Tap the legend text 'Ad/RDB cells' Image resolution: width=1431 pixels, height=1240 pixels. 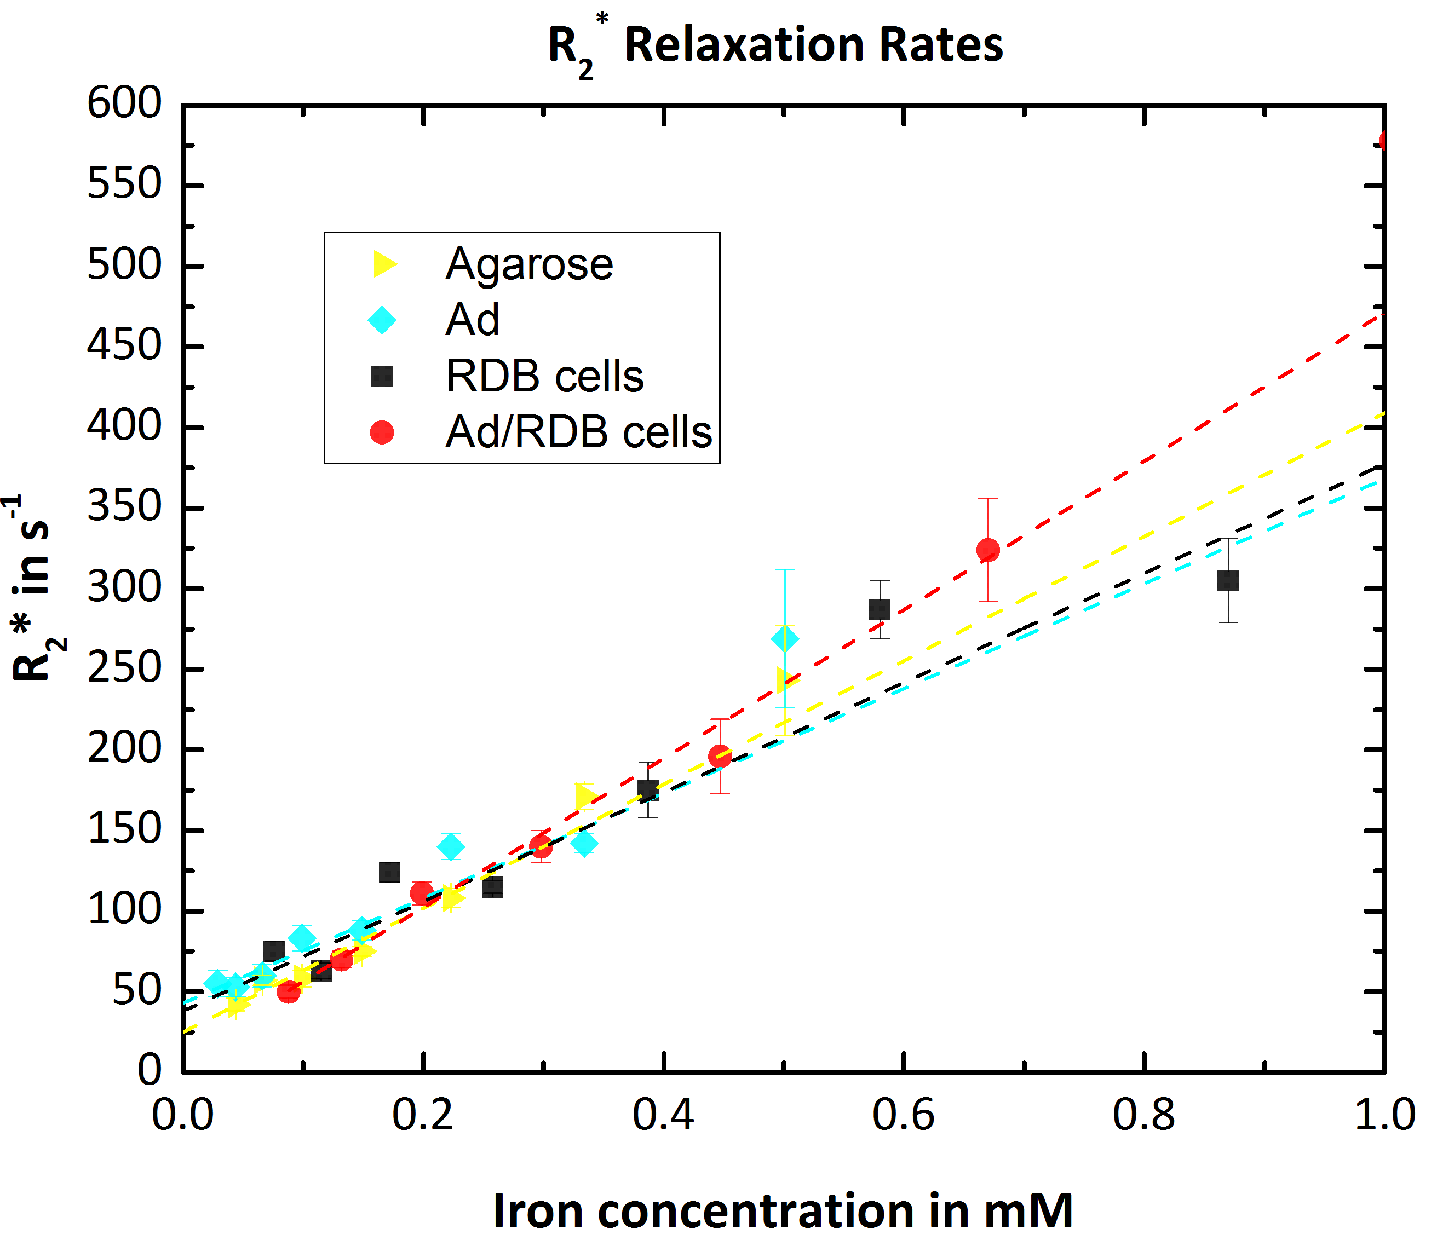(579, 432)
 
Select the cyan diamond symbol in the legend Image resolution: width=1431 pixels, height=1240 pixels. (382, 320)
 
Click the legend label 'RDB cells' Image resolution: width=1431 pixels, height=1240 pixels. (545, 377)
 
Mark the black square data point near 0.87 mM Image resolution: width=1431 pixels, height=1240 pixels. (1227, 580)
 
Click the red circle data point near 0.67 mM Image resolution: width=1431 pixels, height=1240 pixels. (988, 550)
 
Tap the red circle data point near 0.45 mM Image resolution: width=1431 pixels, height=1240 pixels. (720, 756)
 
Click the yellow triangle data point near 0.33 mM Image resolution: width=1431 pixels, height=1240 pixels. (585, 797)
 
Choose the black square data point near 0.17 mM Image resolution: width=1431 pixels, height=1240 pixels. (389, 872)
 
